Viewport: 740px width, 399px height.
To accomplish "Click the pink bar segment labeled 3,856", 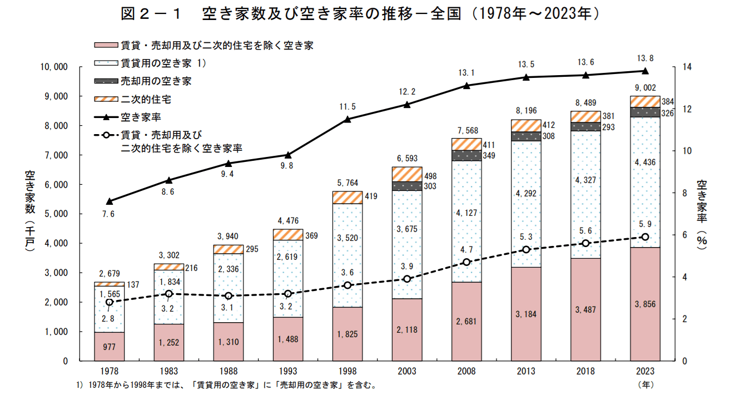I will [x=645, y=303].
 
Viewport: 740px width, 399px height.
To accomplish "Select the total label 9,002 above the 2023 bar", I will [x=645, y=88].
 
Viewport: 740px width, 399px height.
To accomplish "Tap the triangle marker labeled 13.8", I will [x=645, y=71].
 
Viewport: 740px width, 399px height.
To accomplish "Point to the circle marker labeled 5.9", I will [x=645, y=237].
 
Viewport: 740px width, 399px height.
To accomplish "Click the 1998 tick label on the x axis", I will [x=347, y=372].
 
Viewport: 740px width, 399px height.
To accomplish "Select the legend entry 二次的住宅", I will [x=145, y=99].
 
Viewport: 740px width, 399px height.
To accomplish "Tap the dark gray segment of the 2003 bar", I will [x=407, y=186].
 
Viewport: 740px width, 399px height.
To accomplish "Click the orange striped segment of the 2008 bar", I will [x=466, y=144].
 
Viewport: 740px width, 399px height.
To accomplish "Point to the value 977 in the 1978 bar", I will [x=109, y=347].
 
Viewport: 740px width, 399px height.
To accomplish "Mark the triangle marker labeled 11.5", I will [x=347, y=119].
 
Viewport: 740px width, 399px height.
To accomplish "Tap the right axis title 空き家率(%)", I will [x=702, y=214].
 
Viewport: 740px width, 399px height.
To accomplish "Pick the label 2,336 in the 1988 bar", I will [x=228, y=269].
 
